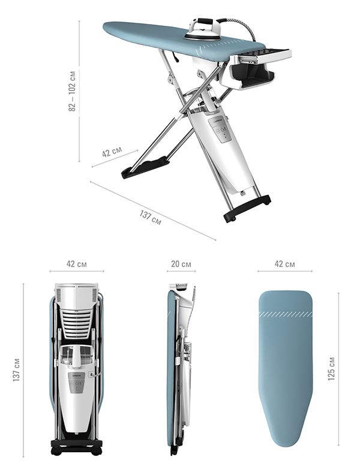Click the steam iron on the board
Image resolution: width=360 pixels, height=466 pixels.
(203, 29)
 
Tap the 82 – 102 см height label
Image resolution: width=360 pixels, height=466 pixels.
(72, 91)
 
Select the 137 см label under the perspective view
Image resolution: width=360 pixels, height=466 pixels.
(151, 218)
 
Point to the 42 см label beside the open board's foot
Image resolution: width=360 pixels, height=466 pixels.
(112, 152)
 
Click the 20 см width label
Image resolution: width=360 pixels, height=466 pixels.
(181, 264)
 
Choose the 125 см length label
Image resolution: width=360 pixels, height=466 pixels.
(331, 368)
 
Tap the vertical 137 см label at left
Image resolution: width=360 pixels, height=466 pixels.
(16, 369)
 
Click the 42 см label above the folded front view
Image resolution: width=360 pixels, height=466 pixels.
(77, 264)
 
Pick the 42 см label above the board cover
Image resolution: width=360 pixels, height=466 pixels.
(285, 264)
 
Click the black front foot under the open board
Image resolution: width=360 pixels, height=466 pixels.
(145, 167)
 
